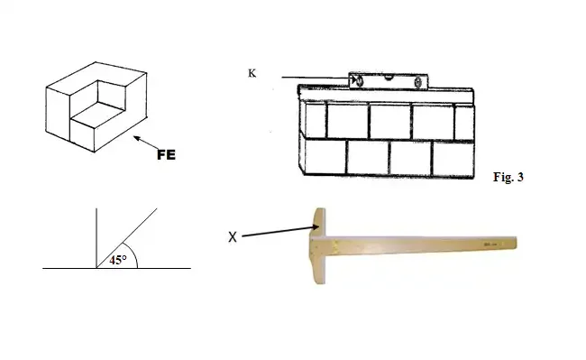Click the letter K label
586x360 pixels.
click(x=252, y=73)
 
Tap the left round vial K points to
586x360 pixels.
click(x=359, y=80)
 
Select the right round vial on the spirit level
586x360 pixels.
click(x=418, y=82)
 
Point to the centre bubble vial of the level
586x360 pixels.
click(x=389, y=78)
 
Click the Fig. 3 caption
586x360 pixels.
click(x=508, y=177)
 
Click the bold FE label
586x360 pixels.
click(x=166, y=155)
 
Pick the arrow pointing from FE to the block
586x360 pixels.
click(x=146, y=143)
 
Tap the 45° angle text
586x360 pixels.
click(x=118, y=260)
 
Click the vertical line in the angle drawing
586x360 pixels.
click(x=96, y=238)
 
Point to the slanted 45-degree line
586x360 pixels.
click(x=127, y=238)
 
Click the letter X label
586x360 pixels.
click(x=233, y=237)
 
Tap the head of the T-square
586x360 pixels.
click(x=317, y=245)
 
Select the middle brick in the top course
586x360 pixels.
click(x=389, y=122)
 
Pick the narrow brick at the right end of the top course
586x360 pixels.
click(x=464, y=123)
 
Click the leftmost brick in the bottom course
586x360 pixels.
click(x=325, y=156)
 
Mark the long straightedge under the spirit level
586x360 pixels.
click(x=386, y=94)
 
